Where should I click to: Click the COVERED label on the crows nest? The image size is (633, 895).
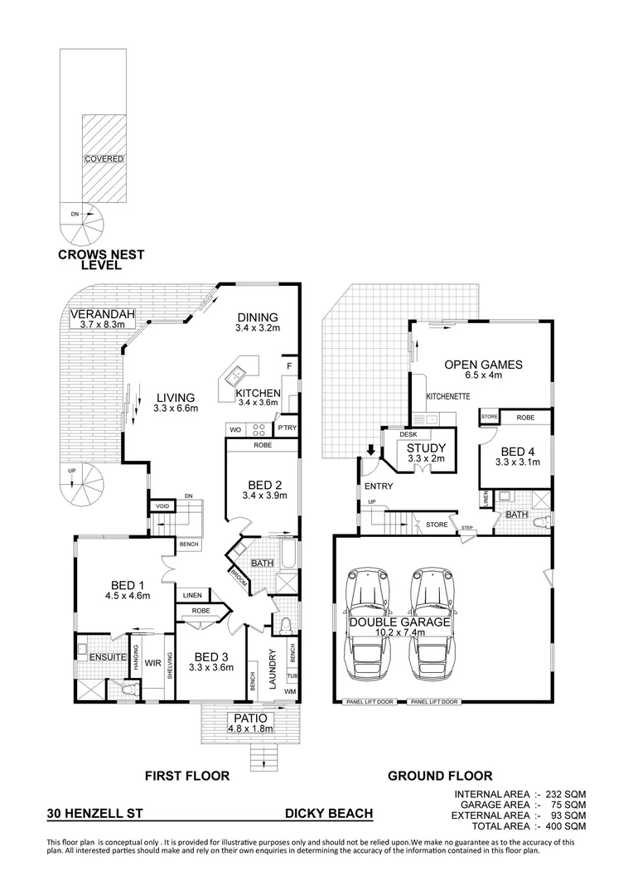tap(104, 158)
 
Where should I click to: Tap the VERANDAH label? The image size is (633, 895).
tap(97, 314)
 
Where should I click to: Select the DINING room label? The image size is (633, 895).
tap(257, 317)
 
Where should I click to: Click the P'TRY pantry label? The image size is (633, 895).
tap(287, 428)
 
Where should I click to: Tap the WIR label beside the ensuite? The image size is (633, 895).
tap(152, 662)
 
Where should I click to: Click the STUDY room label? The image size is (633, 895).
tap(426, 448)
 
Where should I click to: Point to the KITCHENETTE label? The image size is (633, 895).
tap(448, 396)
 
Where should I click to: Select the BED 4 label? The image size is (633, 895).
tap(512, 451)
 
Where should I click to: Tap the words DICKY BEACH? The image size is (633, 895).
tap(328, 815)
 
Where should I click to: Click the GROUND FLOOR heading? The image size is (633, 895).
tap(440, 776)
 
